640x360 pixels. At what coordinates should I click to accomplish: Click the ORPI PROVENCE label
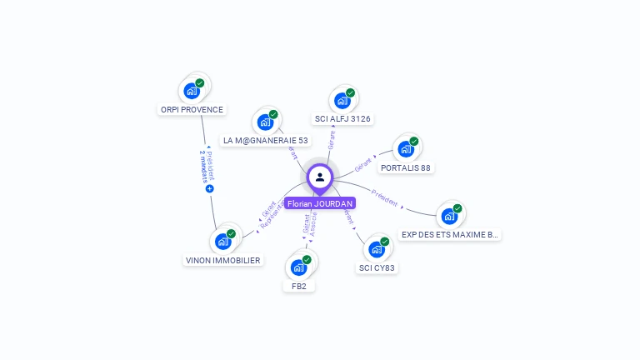(x=191, y=109)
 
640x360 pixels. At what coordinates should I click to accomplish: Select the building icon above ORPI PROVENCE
(x=192, y=90)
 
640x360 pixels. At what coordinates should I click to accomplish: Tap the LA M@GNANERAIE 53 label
(x=266, y=140)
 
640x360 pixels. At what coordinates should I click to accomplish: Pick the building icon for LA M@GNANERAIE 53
(x=265, y=122)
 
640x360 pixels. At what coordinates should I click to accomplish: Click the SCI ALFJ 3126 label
(x=342, y=118)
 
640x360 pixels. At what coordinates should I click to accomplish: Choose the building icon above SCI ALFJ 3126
(x=342, y=101)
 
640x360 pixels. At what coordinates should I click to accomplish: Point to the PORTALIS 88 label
(x=406, y=167)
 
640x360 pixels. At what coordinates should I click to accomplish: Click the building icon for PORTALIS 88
(x=406, y=149)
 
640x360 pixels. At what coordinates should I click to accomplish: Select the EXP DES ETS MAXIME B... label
(x=450, y=234)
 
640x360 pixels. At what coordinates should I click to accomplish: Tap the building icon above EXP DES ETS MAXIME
(x=449, y=217)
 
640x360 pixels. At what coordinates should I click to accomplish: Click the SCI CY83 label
(x=377, y=267)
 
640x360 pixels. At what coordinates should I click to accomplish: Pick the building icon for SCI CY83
(x=377, y=249)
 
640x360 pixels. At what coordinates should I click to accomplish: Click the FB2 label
(x=299, y=286)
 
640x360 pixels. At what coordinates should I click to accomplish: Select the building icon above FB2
(x=298, y=267)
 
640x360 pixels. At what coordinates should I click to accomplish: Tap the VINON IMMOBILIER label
(x=222, y=260)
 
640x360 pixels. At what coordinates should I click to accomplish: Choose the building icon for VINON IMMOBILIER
(x=222, y=242)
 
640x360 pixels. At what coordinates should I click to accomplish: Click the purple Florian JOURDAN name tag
(x=320, y=203)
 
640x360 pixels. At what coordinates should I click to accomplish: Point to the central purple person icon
(x=320, y=177)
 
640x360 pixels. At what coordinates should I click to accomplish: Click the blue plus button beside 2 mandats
(x=209, y=189)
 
